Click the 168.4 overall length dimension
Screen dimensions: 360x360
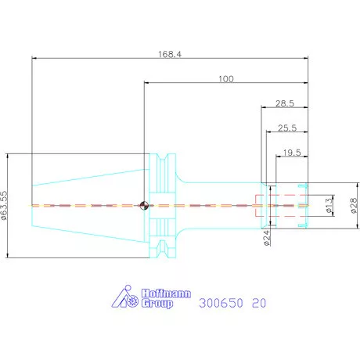170,54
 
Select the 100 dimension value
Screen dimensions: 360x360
226,79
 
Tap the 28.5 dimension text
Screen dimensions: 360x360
285,103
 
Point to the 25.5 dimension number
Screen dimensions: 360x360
287,128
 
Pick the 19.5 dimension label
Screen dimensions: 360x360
292,153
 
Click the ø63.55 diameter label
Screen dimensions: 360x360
5,206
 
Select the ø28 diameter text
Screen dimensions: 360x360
354,206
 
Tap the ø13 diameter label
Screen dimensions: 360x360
329,206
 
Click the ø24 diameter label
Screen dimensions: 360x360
267,238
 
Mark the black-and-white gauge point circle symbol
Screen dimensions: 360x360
144,206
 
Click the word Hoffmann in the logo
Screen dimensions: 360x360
166,293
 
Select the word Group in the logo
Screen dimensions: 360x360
157,304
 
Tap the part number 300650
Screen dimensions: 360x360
221,303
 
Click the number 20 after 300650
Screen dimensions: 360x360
259,303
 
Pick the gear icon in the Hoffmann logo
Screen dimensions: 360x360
133,301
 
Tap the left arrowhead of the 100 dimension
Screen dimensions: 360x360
146,83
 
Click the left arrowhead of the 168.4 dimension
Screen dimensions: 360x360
34,58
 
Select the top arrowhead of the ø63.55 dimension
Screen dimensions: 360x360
7,156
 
